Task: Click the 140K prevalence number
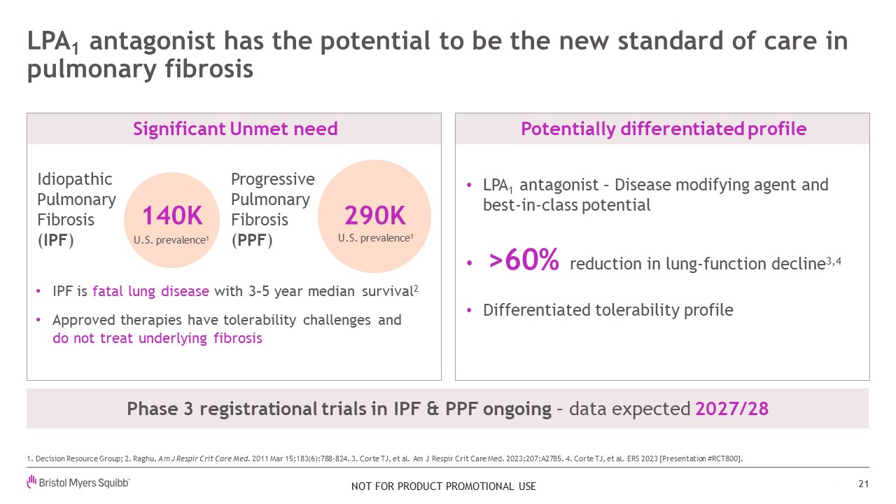[x=172, y=216]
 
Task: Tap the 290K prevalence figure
[x=374, y=216]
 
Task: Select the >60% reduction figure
[x=524, y=260]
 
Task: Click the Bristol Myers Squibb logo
[x=78, y=482]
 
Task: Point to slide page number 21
[x=864, y=484]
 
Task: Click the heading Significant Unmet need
[x=235, y=129]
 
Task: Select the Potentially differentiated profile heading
[x=663, y=129]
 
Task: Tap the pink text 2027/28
[x=732, y=409]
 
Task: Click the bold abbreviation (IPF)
[x=55, y=240]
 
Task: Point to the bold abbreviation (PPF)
[x=252, y=240]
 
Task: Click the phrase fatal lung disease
[x=150, y=291]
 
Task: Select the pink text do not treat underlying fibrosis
[x=157, y=338]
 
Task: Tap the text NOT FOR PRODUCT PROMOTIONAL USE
[x=444, y=486]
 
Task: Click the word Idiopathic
[x=75, y=180]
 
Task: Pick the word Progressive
[x=273, y=180]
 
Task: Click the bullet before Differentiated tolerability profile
[x=470, y=310]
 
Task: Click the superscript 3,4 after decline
[x=834, y=262]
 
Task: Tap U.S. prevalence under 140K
[x=171, y=240]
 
